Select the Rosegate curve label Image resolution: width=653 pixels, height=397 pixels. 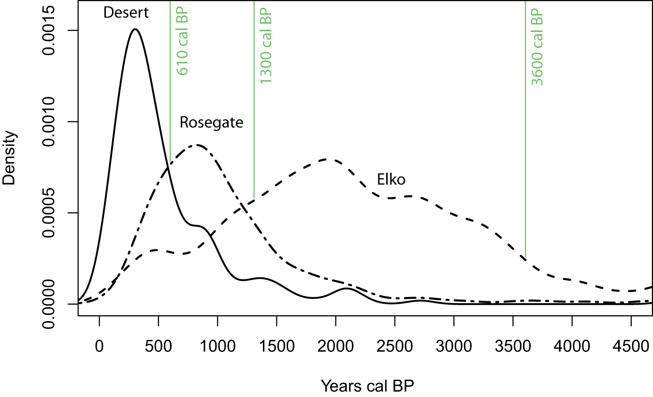point(211,122)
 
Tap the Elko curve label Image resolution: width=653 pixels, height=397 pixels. point(391,180)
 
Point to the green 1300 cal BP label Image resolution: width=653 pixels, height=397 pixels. point(266,46)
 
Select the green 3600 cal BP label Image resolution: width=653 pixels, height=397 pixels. point(537,46)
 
